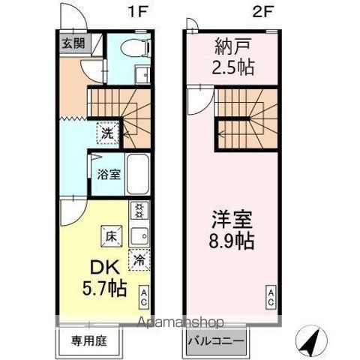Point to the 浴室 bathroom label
(109, 175)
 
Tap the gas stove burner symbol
(139, 210)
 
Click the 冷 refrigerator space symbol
(139, 260)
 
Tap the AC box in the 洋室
(271, 295)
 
